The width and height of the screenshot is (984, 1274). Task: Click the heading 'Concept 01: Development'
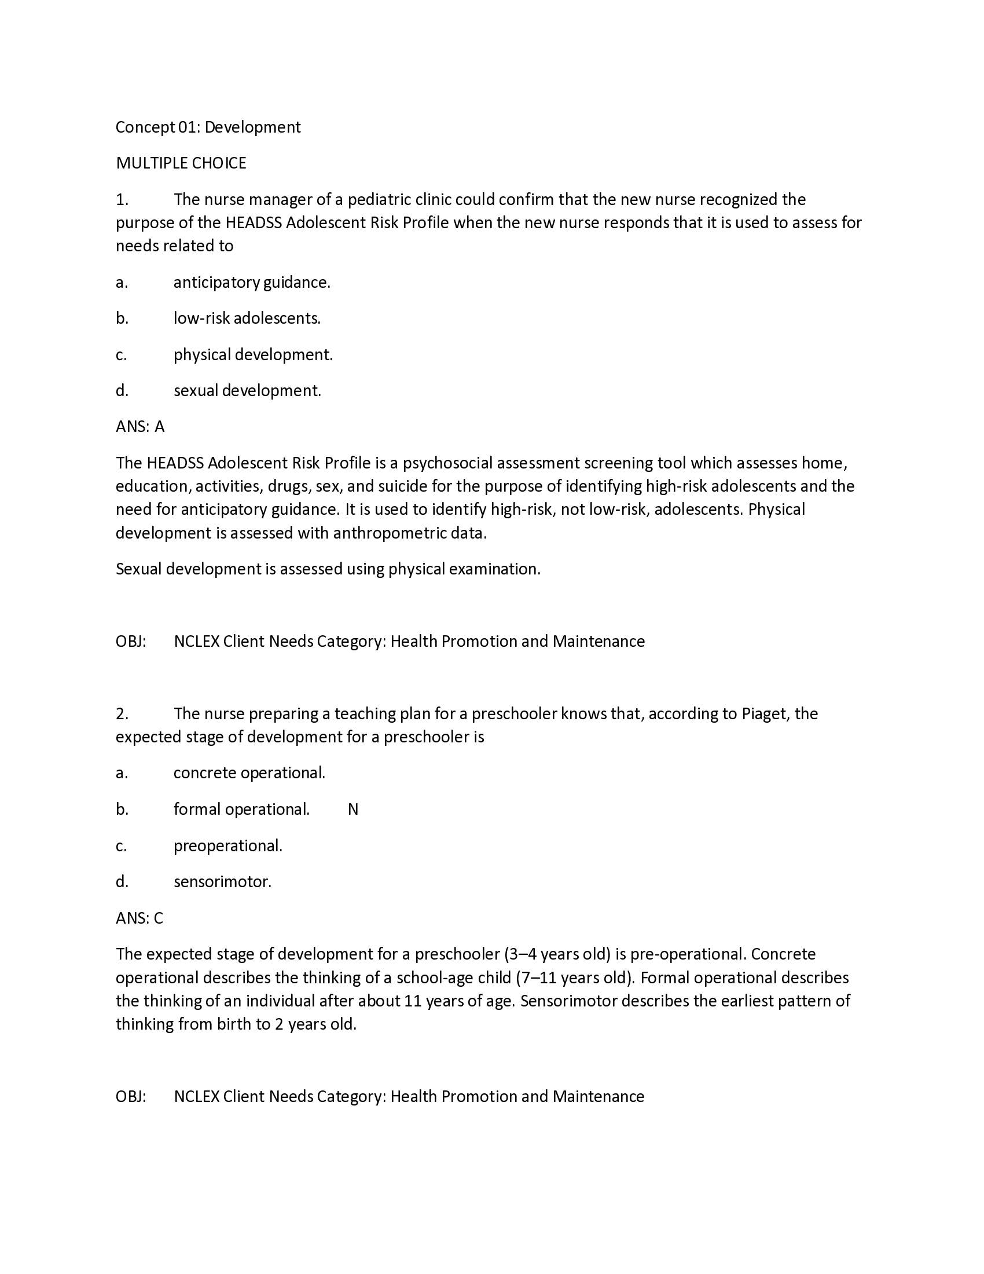pyautogui.click(x=208, y=127)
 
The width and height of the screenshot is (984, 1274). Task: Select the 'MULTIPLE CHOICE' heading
pyautogui.click(x=181, y=163)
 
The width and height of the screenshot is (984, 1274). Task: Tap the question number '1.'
pyautogui.click(x=122, y=200)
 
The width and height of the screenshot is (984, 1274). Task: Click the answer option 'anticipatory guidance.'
pyautogui.click(x=251, y=283)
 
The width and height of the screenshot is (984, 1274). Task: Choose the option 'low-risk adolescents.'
pyautogui.click(x=247, y=318)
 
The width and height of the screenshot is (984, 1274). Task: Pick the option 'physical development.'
pyautogui.click(x=252, y=354)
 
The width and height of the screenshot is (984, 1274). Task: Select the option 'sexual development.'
pyautogui.click(x=247, y=391)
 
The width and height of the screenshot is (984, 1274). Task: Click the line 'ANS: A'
pyautogui.click(x=140, y=427)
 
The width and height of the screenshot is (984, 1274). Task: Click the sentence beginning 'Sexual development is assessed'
pyautogui.click(x=328, y=569)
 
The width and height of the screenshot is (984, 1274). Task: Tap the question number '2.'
pyautogui.click(x=122, y=714)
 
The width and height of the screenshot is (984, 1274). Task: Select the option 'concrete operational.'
pyautogui.click(x=249, y=774)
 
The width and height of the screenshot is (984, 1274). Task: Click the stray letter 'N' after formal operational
pyautogui.click(x=353, y=810)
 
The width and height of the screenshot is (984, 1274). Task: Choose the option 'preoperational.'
pyautogui.click(x=227, y=846)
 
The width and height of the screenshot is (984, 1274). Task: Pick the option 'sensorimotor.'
pyautogui.click(x=222, y=882)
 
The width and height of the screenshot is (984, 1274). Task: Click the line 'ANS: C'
pyautogui.click(x=139, y=919)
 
